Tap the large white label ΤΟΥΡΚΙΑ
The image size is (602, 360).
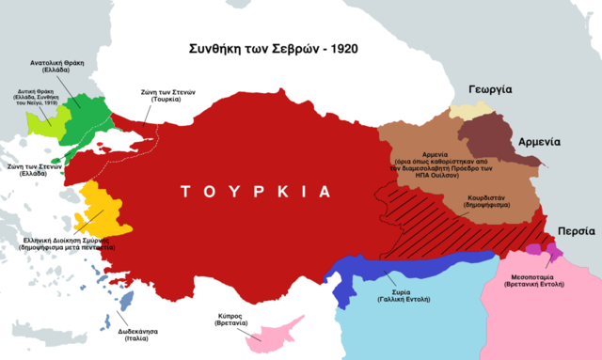[257, 191]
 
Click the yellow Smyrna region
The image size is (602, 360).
[100, 211]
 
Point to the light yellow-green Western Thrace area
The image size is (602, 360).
[41, 120]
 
